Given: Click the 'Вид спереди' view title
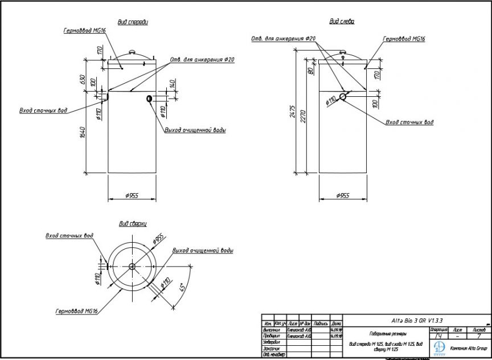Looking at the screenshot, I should pos(133,22).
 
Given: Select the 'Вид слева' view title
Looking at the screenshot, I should pos(342,22).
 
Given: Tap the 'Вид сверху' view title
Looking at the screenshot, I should pos(133,224).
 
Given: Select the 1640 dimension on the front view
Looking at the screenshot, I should pos(82,134).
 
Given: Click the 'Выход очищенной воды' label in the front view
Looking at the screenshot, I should pos(195,130).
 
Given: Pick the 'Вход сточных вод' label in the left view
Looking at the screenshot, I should pos(409,122).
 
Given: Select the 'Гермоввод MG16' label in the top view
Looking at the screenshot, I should pos(77,312).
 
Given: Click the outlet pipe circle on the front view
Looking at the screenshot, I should pos(149,99).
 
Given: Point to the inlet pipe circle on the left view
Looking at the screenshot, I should pos(343,96).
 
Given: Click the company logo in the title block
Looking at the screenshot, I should pos(440,347).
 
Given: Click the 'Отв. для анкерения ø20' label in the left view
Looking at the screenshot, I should pos(283,39).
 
